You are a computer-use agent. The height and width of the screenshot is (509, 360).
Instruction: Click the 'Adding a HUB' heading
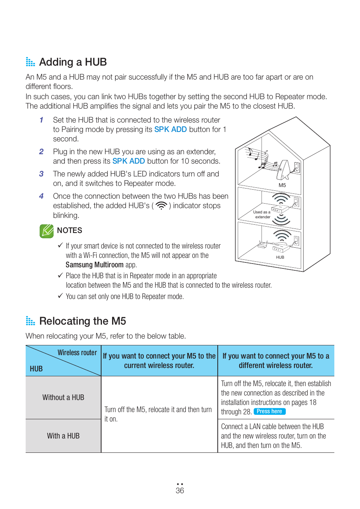(x=73, y=62)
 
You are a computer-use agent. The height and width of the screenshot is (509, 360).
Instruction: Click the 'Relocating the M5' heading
(x=82, y=321)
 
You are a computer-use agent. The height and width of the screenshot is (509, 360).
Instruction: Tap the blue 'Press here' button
(x=269, y=411)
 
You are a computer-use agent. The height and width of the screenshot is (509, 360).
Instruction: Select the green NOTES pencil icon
(x=46, y=231)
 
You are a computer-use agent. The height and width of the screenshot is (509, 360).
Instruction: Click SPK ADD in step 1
(x=170, y=129)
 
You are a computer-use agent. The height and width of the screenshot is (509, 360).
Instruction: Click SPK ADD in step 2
(x=128, y=161)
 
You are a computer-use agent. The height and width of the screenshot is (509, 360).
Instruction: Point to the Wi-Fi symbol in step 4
(x=161, y=206)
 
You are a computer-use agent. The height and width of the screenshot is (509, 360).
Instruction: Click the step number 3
(x=41, y=174)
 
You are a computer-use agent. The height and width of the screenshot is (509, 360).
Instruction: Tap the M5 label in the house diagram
(x=282, y=185)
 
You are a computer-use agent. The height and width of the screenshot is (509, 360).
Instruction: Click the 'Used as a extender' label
(x=262, y=215)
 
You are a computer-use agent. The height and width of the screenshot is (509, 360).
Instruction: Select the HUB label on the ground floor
(x=280, y=257)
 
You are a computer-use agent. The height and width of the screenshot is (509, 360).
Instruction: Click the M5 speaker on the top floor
(x=283, y=170)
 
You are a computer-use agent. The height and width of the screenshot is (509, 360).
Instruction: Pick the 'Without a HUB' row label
(x=63, y=397)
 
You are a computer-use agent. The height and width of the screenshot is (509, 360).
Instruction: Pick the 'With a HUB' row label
(x=63, y=436)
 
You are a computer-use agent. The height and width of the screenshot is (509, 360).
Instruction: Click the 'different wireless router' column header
(x=275, y=361)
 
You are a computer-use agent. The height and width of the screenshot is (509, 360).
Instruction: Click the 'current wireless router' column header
(x=159, y=361)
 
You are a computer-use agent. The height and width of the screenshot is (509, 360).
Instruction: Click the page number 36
(x=180, y=491)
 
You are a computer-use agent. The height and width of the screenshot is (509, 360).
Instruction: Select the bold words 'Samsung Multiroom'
(x=94, y=265)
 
